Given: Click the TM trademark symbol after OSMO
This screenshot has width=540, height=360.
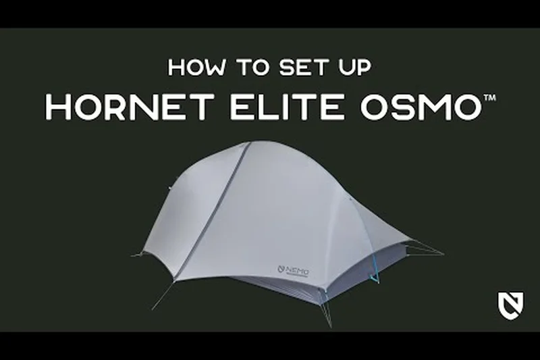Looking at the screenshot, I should tap(487, 99).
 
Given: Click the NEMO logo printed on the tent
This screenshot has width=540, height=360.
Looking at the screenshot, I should tap(294, 270).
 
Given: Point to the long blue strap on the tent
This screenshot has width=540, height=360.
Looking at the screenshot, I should tap(373, 263).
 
